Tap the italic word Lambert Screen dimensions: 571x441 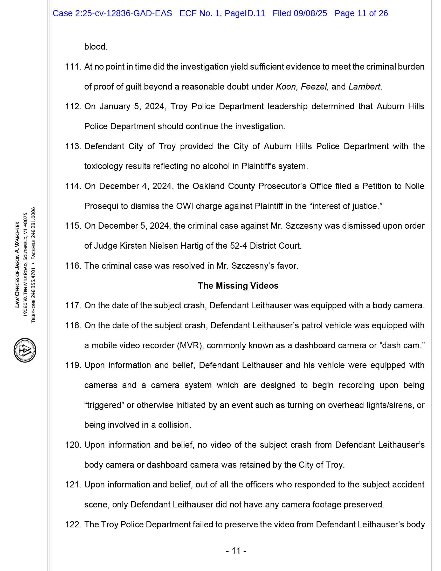coord(364,87)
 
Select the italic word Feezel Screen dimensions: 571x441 coord(315,87)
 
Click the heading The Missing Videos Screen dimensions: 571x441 coord(238,285)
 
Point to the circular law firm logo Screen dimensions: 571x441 coord(25,350)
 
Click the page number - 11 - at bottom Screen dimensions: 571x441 coord(236,550)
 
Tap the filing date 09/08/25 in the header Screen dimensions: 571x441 coord(310,13)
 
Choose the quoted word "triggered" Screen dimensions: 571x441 coord(104,405)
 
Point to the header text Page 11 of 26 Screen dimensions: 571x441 coord(361,13)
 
